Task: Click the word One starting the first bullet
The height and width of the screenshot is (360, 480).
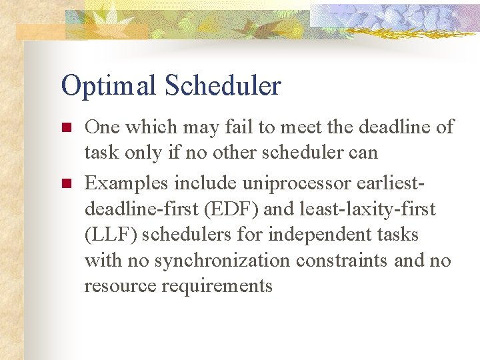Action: coord(102,127)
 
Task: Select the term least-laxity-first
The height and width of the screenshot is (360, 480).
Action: coord(369,209)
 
